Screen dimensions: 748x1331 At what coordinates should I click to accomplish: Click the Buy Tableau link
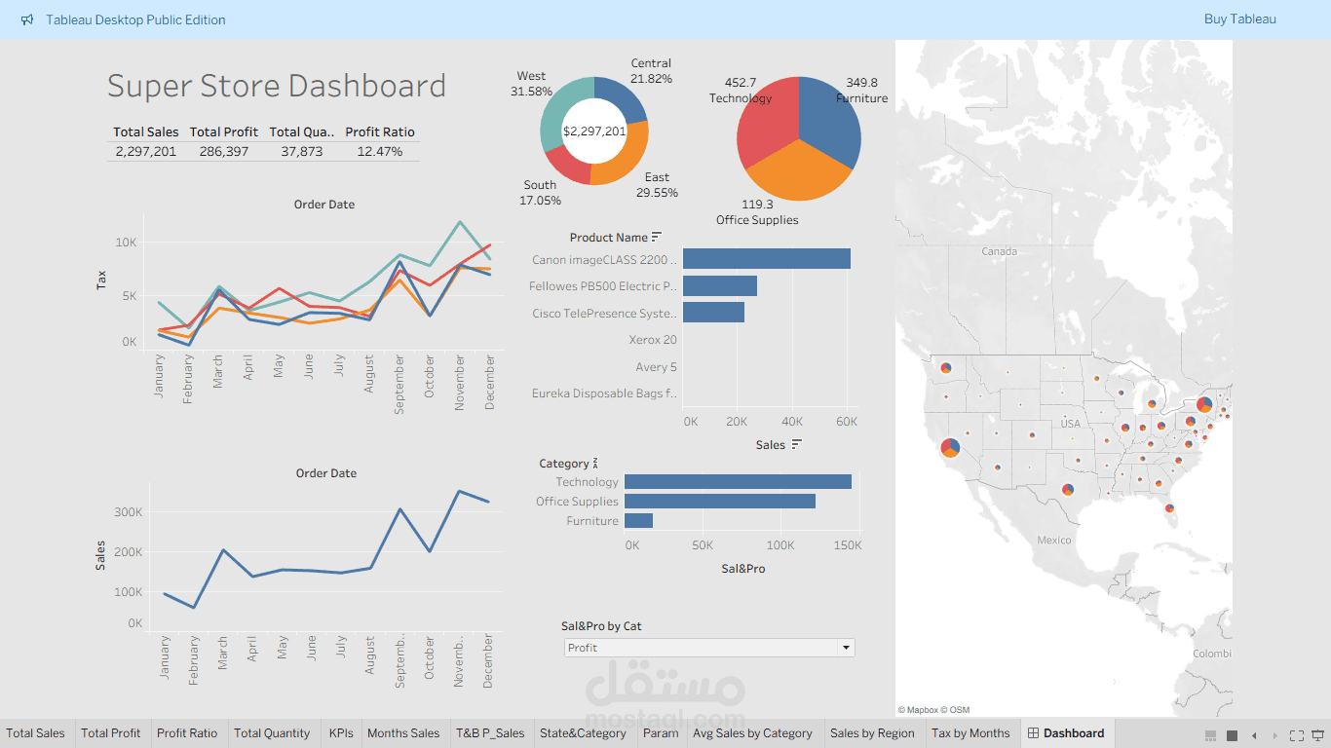(1239, 19)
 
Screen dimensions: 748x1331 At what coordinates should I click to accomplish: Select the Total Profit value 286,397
(223, 151)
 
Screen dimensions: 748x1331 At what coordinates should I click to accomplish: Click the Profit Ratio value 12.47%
(379, 151)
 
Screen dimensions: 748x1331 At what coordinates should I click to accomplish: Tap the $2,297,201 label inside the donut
(594, 131)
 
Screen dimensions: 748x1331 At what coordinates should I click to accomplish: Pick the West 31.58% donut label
(531, 84)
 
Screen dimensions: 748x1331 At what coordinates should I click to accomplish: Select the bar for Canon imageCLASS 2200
(766, 259)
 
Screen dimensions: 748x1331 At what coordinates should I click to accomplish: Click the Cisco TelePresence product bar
(713, 313)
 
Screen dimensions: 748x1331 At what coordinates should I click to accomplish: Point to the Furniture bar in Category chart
(638, 521)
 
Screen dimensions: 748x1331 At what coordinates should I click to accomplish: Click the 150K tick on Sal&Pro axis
(846, 545)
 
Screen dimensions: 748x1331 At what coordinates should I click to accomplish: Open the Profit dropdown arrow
(846, 648)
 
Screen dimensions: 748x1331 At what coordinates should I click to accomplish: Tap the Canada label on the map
(999, 251)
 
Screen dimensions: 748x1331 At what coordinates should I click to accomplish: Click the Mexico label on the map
(1053, 540)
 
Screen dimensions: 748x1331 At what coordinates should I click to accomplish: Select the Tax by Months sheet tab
(970, 733)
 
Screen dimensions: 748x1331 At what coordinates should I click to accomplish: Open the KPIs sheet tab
(341, 733)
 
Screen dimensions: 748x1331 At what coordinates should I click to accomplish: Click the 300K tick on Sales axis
(129, 511)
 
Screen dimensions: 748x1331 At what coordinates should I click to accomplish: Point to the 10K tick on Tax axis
(127, 242)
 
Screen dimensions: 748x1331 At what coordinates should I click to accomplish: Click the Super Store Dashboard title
(276, 86)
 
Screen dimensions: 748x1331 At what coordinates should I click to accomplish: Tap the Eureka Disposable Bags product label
(604, 393)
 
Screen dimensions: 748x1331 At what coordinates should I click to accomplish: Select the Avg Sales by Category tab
(752, 733)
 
